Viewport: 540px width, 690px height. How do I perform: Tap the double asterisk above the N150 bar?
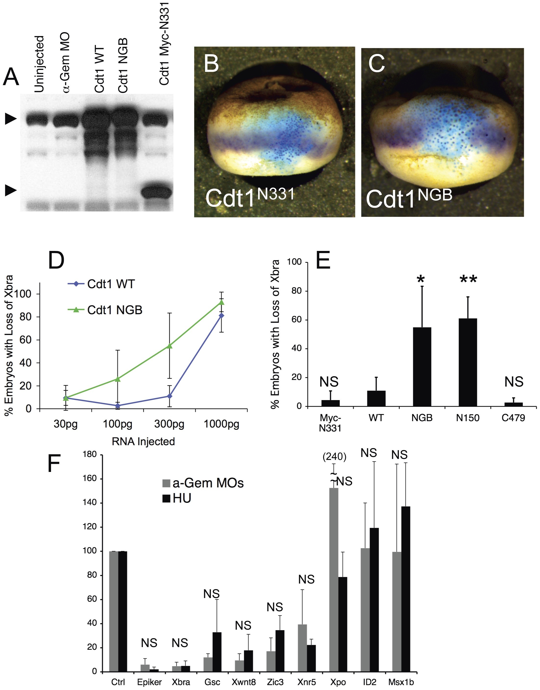468,279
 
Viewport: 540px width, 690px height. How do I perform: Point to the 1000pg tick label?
221,424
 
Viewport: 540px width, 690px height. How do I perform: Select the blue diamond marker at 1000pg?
222,315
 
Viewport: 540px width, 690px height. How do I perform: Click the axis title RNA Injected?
143,442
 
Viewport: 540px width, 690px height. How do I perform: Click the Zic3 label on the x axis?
275,682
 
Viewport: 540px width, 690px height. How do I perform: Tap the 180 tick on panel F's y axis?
90,455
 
